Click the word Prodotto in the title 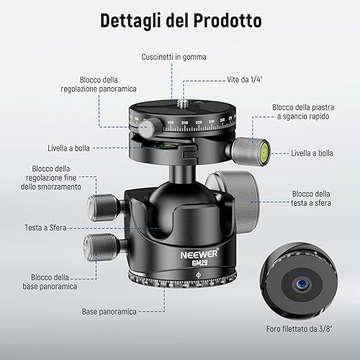(228, 20)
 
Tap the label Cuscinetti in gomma (174, 57)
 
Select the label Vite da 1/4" (245, 79)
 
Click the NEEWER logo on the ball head (199, 253)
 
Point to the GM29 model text (199, 263)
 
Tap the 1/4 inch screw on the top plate (181, 104)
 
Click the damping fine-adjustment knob (102, 207)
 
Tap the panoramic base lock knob (99, 247)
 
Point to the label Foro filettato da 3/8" (299, 329)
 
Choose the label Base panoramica (109, 312)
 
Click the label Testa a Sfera (45, 228)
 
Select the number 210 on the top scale (184, 123)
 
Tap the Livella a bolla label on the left (68, 148)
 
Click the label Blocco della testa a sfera (311, 199)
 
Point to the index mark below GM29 (199, 275)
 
